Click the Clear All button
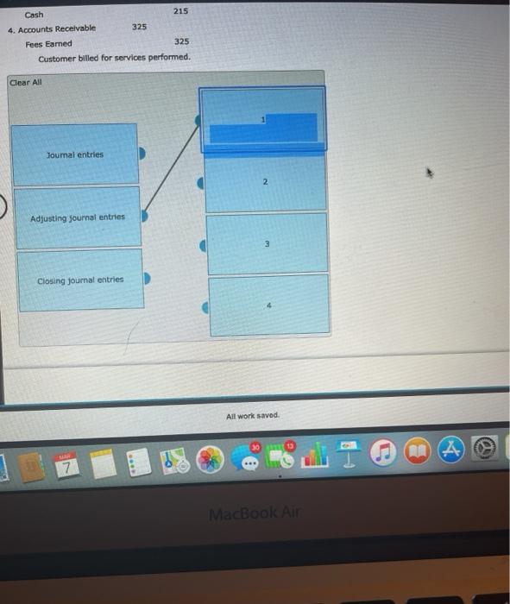point(25,83)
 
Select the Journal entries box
point(74,154)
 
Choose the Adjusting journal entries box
point(77,217)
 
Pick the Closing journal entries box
point(79,280)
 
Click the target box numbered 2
point(266,183)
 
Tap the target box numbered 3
point(268,244)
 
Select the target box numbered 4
point(268,305)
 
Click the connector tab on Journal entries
point(143,154)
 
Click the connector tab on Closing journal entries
point(147,280)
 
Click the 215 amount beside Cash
point(180,10)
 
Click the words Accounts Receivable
point(57,28)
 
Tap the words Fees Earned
point(49,43)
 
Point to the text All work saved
point(252,416)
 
